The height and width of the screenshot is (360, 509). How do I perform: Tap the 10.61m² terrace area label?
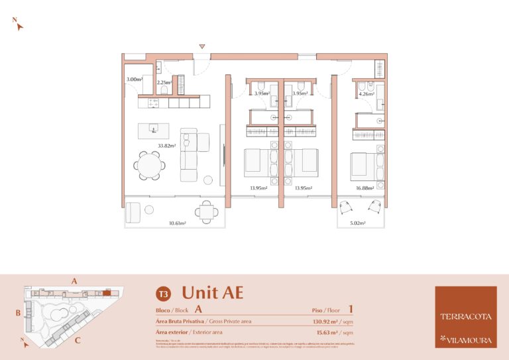coord(177,223)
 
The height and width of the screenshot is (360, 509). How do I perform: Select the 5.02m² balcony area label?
coord(359,223)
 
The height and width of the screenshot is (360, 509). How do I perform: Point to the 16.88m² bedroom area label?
coord(364,188)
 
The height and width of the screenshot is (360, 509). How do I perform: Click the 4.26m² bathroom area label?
coord(365,94)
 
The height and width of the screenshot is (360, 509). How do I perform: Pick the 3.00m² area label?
coord(134,80)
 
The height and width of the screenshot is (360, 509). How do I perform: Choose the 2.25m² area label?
coord(164,83)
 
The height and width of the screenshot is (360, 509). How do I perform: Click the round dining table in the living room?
coord(150,164)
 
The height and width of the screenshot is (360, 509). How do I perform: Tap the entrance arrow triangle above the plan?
coord(203,46)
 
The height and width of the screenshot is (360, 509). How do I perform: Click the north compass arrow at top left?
coord(19,26)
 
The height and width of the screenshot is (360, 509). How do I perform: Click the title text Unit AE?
coord(212,292)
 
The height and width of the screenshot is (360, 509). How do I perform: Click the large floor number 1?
coord(350,309)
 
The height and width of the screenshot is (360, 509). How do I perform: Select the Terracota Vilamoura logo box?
coord(465,317)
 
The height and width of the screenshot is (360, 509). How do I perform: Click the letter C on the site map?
coord(78,341)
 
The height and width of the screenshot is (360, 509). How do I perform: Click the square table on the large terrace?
coord(207,212)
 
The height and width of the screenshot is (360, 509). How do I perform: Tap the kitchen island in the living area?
coord(153,130)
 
